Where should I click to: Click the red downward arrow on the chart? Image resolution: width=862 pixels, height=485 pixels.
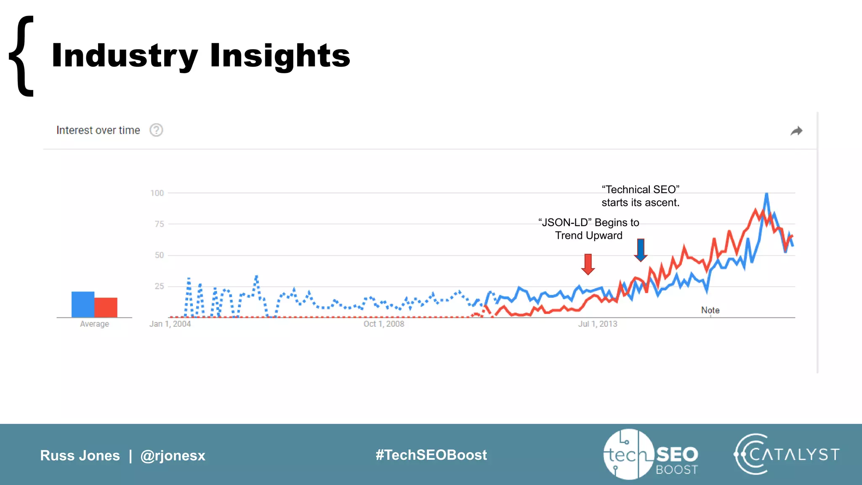(588, 264)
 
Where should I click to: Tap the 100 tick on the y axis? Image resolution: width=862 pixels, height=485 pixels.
(157, 193)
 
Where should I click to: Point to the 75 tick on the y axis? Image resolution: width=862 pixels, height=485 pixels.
(159, 224)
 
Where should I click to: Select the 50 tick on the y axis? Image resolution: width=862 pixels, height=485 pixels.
(159, 255)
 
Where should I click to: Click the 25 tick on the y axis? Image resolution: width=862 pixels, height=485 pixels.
(159, 286)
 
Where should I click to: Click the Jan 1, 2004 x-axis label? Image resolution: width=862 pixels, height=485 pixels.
(170, 324)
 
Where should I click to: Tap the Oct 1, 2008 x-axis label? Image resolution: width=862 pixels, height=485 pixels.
(384, 324)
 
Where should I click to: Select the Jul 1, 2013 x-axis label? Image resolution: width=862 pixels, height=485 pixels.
(598, 324)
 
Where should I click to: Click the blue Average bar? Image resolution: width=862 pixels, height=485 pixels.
(83, 304)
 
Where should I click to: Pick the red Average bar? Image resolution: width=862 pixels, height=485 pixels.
(106, 307)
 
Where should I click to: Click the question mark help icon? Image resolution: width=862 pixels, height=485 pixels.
(156, 130)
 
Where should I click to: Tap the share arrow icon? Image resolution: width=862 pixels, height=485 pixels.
(796, 131)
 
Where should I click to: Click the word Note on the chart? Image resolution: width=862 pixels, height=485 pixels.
(710, 310)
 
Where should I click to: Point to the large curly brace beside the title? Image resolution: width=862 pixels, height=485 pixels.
(22, 56)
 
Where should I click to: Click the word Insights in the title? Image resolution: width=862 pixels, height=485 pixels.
(280, 56)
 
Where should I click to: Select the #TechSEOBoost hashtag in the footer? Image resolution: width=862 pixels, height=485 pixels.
(431, 455)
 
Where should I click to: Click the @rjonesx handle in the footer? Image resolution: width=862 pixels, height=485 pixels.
(173, 456)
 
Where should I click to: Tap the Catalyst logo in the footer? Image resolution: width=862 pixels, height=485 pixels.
(786, 454)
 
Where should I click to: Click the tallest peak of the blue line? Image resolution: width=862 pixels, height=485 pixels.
(766, 195)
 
